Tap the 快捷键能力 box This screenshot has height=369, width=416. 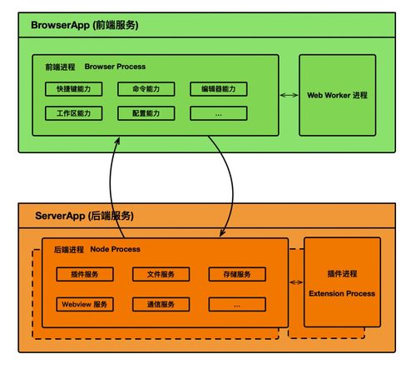[x=74, y=89]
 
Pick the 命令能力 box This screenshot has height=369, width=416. [x=146, y=89]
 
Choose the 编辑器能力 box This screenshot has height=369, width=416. [x=219, y=89]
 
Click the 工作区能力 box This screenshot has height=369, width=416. [x=74, y=112]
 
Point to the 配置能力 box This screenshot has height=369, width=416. [x=146, y=112]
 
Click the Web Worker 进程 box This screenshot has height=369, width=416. [x=336, y=96]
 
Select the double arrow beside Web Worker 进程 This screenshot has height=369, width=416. [x=289, y=96]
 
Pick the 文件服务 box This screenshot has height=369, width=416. [x=160, y=274]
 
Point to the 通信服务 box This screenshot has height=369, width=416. [x=160, y=304]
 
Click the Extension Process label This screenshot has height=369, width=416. [x=342, y=293]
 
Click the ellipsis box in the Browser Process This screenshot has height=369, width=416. [x=219, y=112]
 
